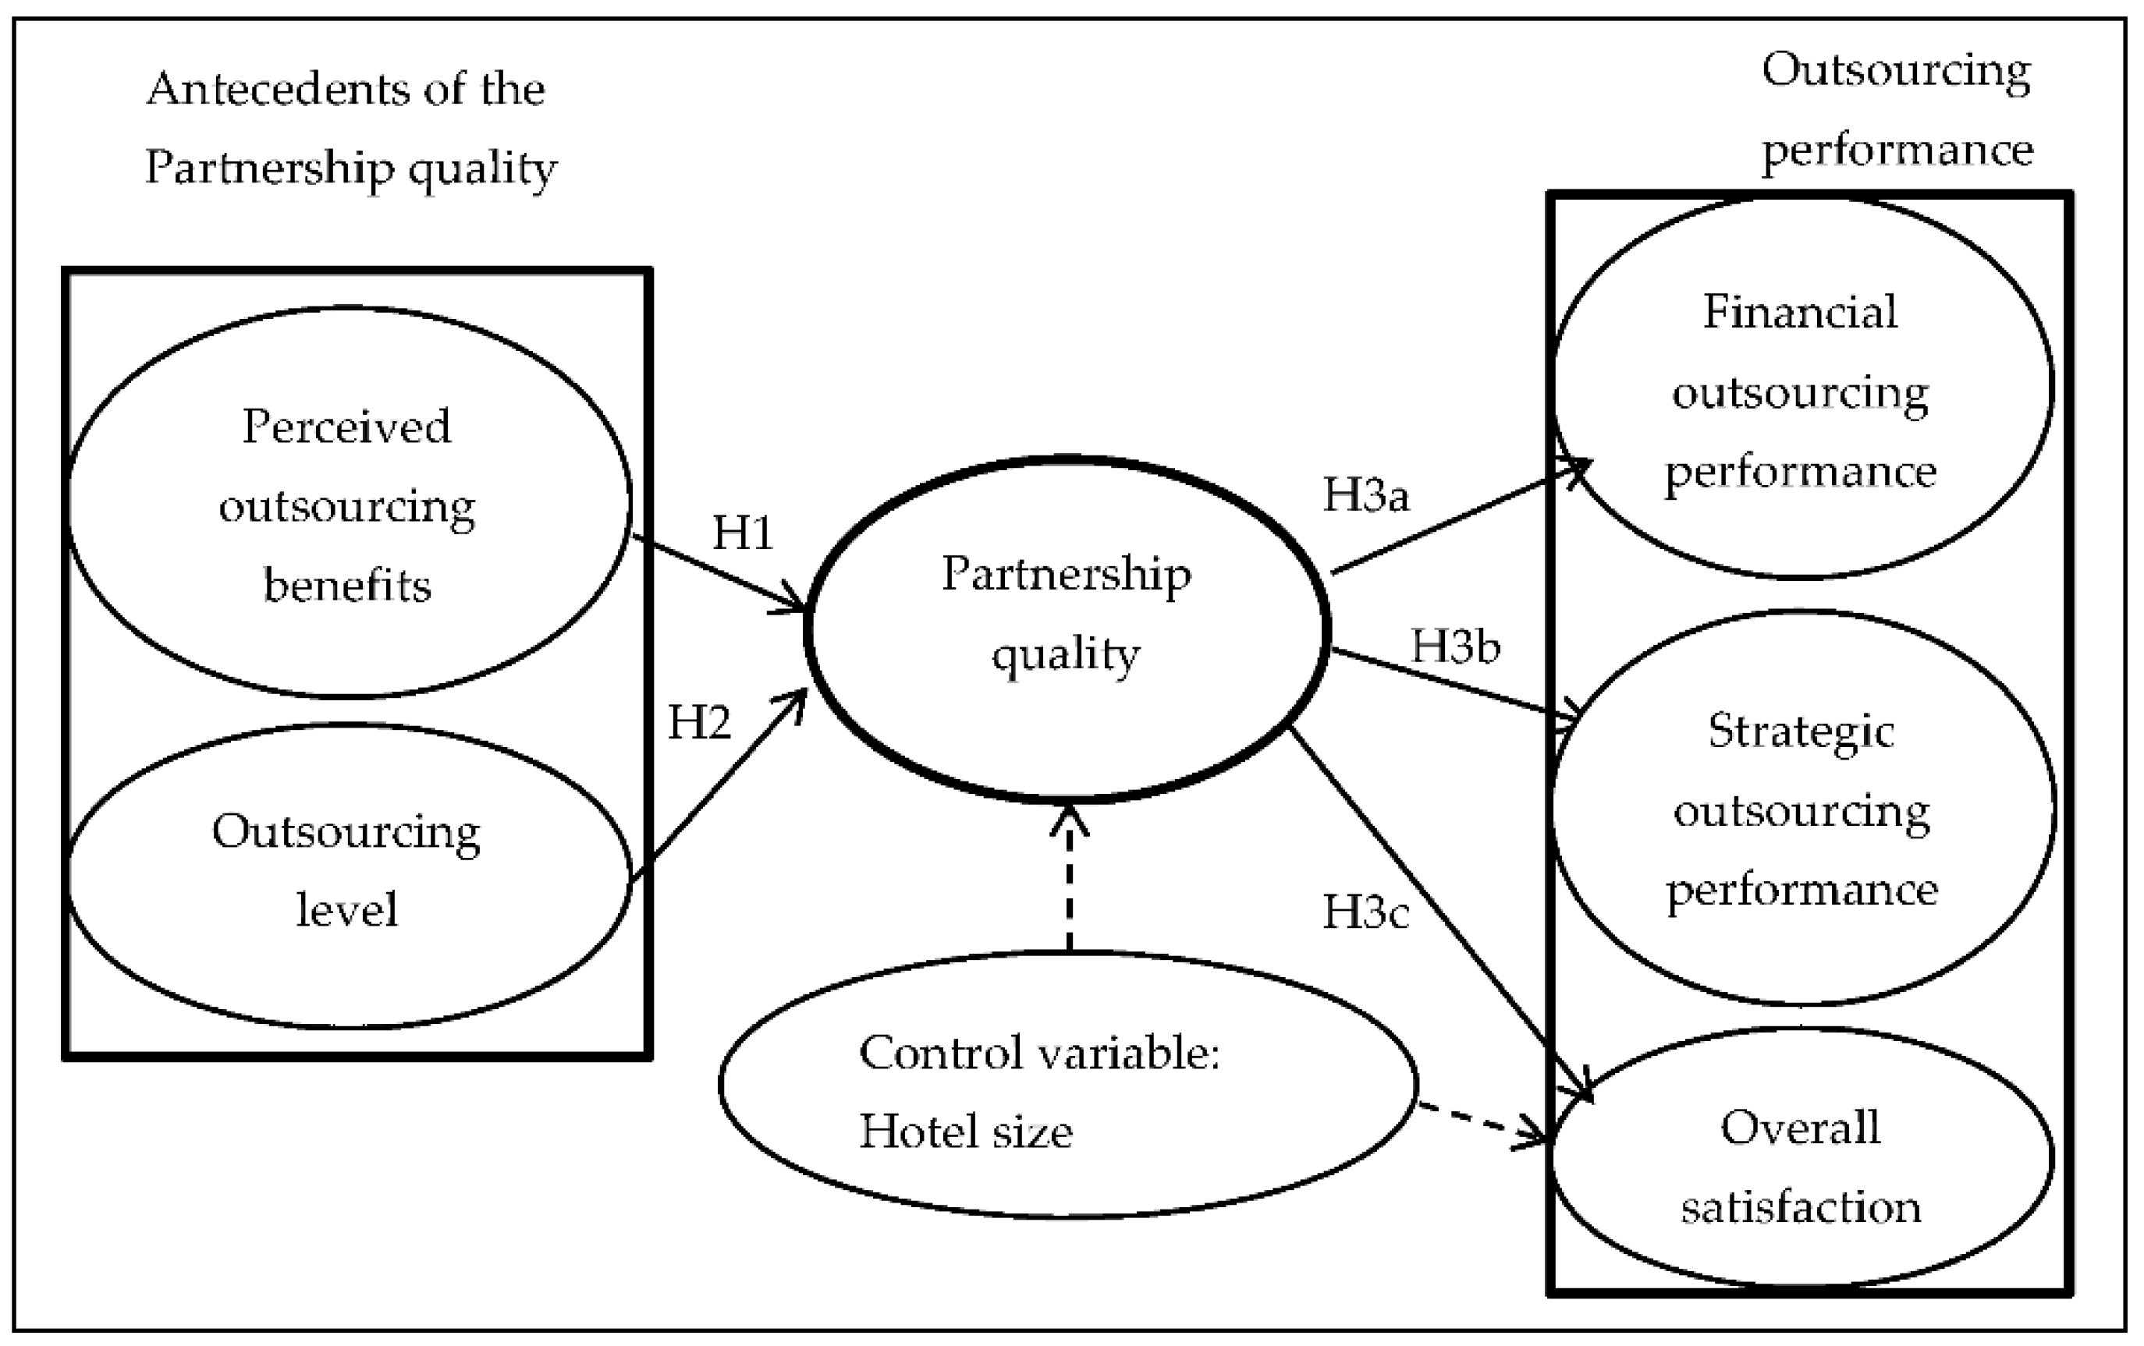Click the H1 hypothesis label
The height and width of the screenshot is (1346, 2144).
(x=742, y=533)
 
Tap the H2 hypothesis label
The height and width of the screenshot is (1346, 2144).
(x=699, y=722)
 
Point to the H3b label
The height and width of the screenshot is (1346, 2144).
(x=1455, y=646)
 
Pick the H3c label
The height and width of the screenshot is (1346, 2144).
(x=1365, y=912)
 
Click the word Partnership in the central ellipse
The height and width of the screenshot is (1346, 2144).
(x=1066, y=574)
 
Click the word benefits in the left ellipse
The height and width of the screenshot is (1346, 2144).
(x=347, y=586)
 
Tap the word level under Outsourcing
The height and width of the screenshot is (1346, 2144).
(x=346, y=910)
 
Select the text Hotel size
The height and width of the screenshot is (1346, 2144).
(x=965, y=1132)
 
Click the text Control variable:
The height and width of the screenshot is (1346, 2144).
(x=1038, y=1053)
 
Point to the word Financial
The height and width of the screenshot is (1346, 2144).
(x=1799, y=313)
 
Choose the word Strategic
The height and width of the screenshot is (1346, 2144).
(x=1800, y=732)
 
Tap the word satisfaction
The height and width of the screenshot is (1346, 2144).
(x=1800, y=1208)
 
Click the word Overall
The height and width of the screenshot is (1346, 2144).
(x=1800, y=1128)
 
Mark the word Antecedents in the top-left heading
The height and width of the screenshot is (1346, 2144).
(x=277, y=90)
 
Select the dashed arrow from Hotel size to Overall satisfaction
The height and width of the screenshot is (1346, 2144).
(x=1478, y=1124)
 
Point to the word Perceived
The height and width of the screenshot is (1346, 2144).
(x=346, y=427)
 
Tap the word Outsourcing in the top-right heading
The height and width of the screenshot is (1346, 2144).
(x=1896, y=70)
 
